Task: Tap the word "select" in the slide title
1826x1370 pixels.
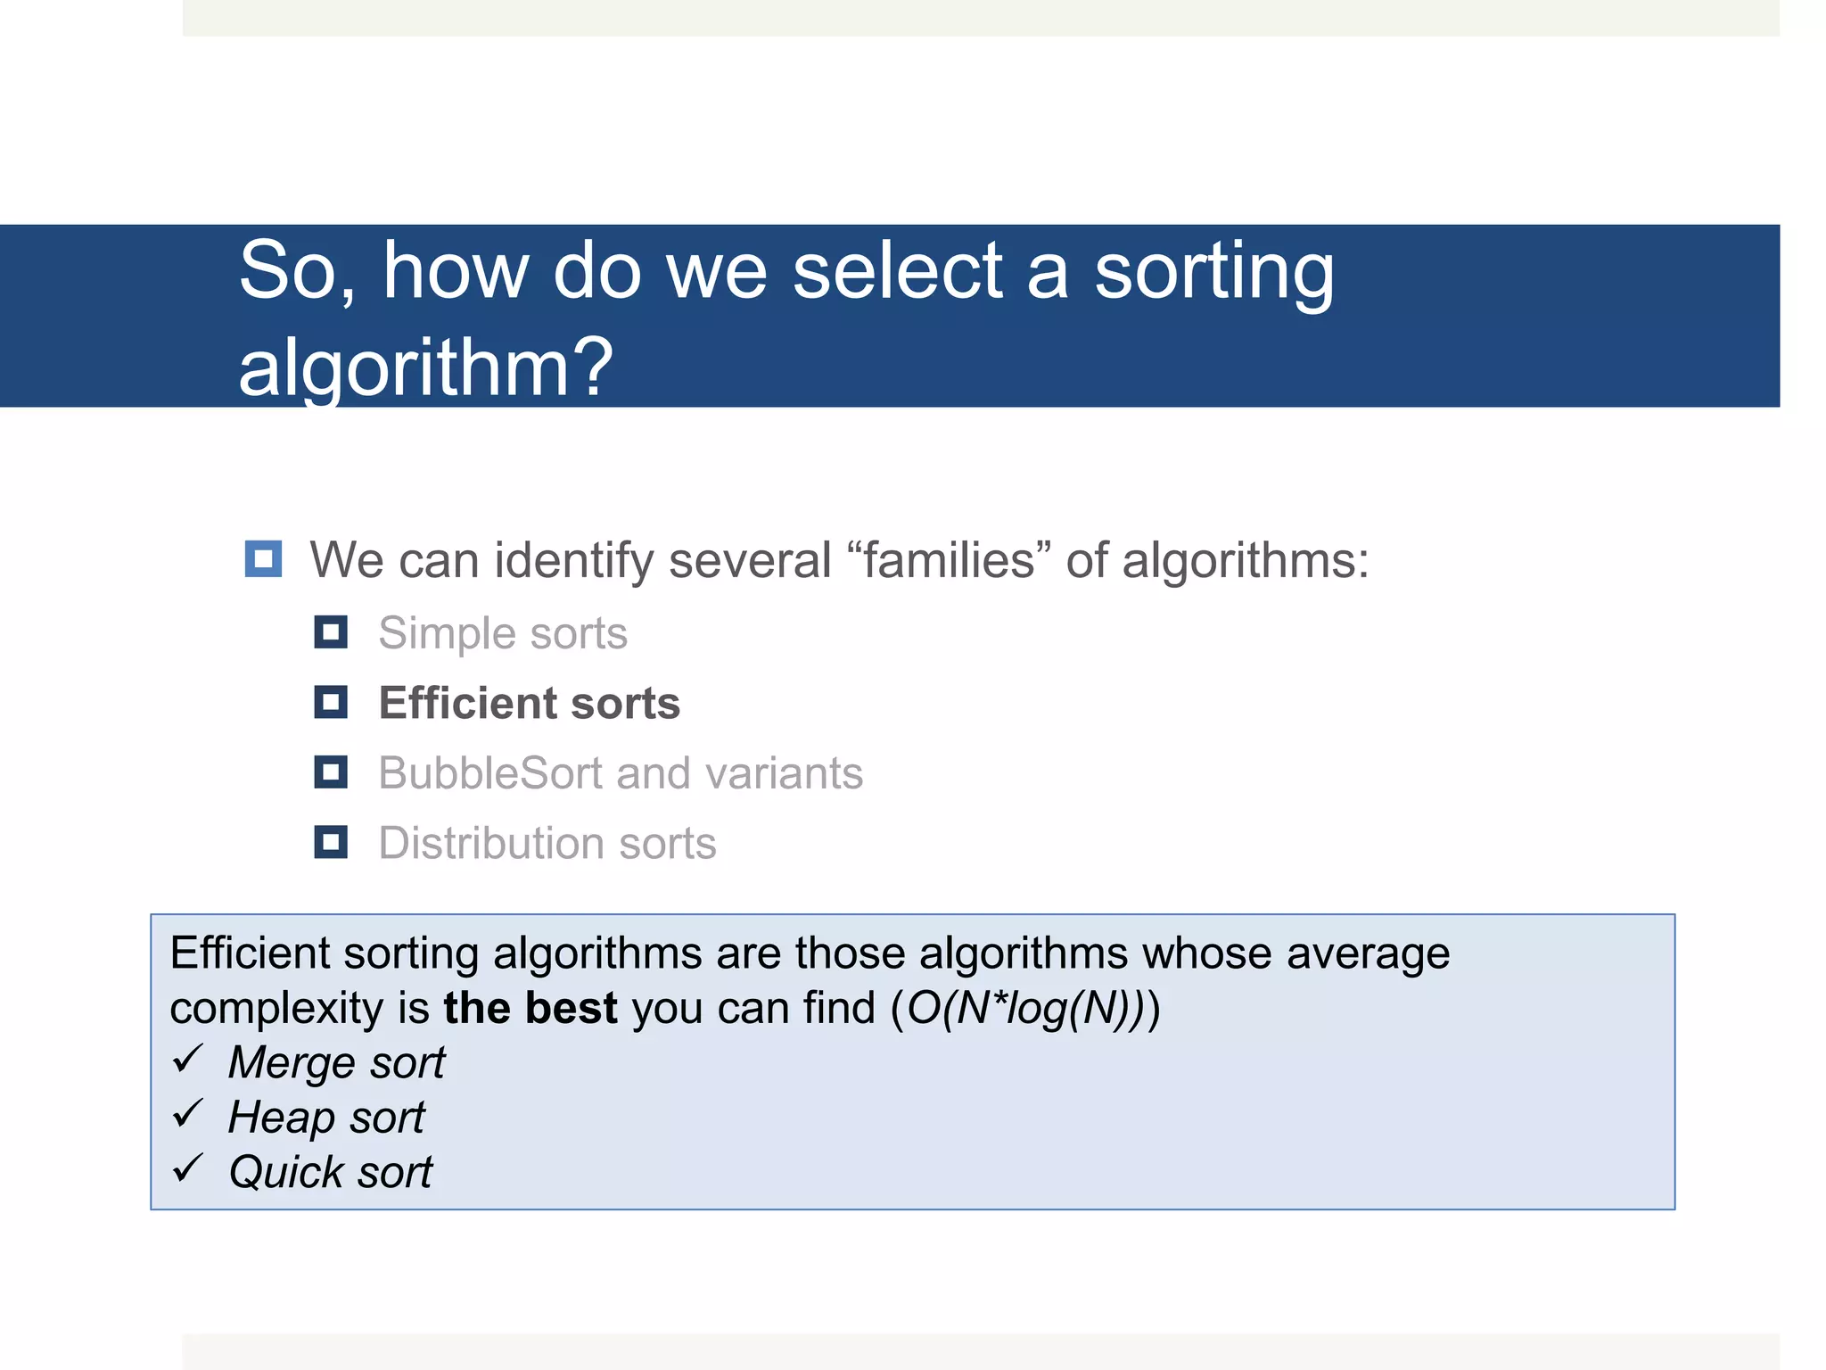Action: click(x=897, y=271)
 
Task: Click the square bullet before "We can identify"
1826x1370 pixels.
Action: click(x=263, y=559)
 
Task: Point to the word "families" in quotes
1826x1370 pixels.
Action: click(x=950, y=561)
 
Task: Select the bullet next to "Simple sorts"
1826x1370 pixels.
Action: click(x=331, y=632)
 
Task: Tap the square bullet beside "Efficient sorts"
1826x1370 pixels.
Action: click(x=331, y=702)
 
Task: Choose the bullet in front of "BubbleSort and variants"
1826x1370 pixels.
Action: click(x=331, y=772)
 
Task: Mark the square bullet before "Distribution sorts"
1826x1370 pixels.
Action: click(x=331, y=842)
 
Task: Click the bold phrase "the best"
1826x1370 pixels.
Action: click(x=530, y=1008)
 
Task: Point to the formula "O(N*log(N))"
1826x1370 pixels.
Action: click(x=1025, y=1009)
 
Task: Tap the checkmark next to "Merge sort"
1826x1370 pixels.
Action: click(x=189, y=1060)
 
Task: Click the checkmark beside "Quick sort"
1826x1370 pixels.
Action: click(x=189, y=1168)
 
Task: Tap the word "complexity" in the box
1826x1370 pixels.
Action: click(x=276, y=1010)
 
